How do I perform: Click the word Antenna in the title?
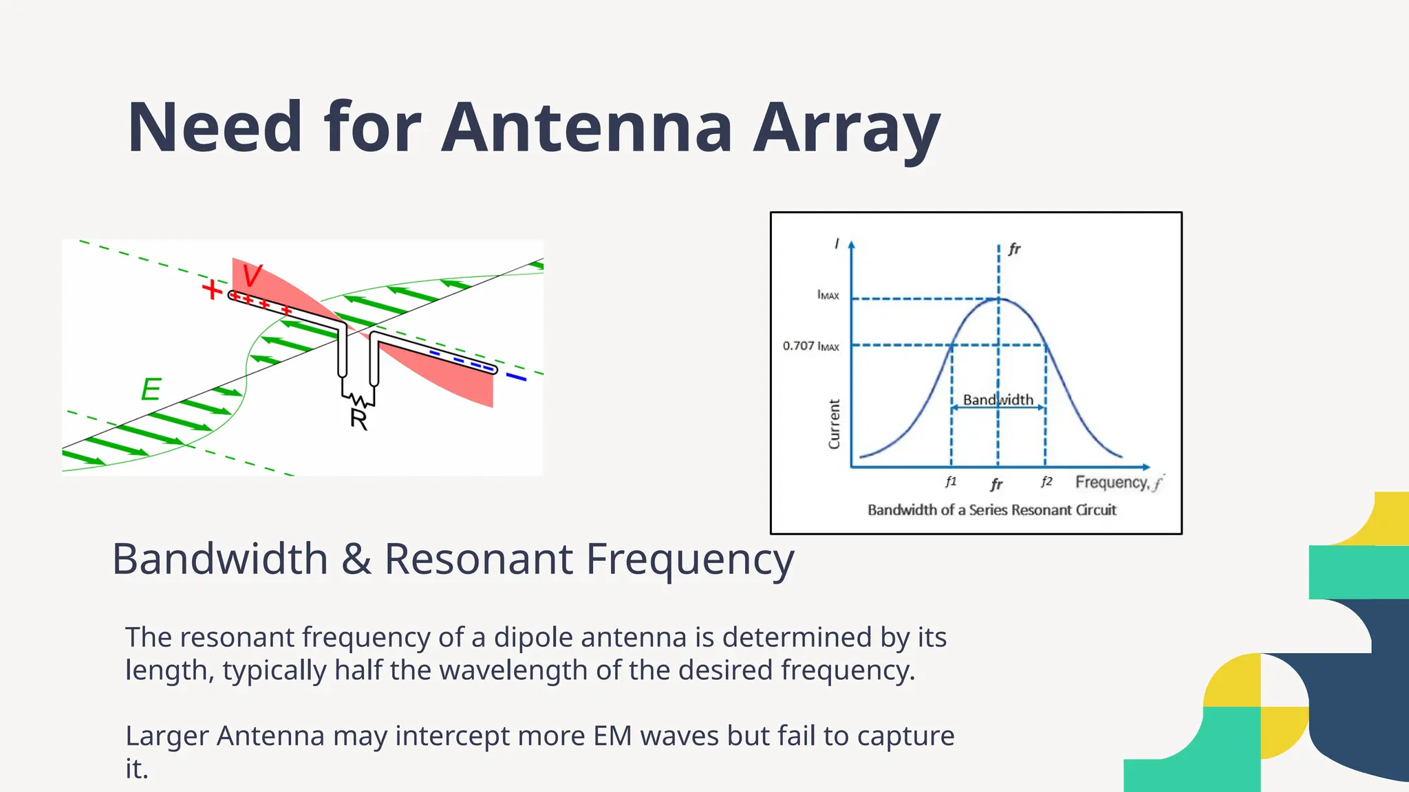(x=586, y=128)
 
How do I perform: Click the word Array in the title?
(x=846, y=128)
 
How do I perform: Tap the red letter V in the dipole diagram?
(x=252, y=276)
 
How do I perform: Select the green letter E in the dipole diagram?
(x=151, y=390)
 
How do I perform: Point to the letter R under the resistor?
(x=358, y=419)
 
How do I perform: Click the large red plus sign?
(x=212, y=289)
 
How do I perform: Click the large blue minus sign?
(x=516, y=377)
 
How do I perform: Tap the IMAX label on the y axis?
(x=828, y=295)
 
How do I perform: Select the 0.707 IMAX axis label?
(x=810, y=346)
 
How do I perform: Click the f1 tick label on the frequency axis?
(x=951, y=482)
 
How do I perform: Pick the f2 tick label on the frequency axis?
(x=1046, y=481)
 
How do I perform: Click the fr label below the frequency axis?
(x=996, y=485)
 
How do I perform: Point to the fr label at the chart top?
(x=1014, y=249)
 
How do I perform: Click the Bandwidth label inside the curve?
(x=998, y=399)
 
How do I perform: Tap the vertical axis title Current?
(x=834, y=424)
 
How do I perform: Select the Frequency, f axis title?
(x=1118, y=483)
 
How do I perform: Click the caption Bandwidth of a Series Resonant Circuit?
(x=991, y=510)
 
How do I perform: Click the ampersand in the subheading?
(x=356, y=558)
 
